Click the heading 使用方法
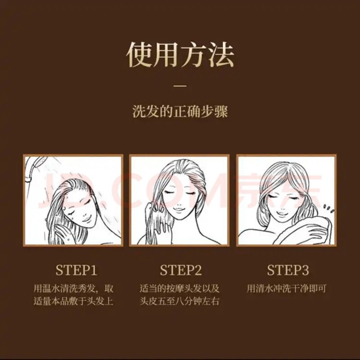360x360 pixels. [180, 55]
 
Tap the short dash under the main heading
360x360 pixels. [180, 85]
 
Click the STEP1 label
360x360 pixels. [76, 270]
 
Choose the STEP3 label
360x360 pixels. [288, 270]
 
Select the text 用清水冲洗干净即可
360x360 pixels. [286, 288]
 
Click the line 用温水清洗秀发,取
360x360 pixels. [73, 288]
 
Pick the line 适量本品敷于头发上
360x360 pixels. [73, 301]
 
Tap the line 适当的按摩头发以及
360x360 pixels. [180, 288]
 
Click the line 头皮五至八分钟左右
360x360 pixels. [180, 301]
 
